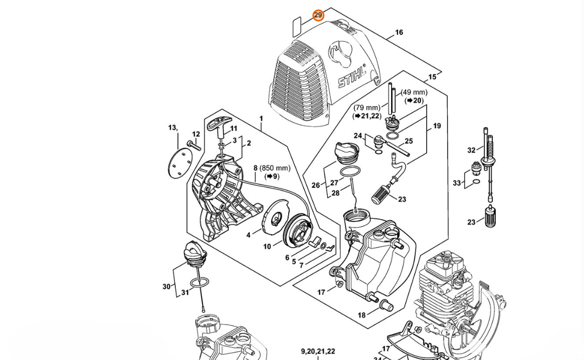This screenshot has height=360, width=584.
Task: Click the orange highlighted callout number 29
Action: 318,15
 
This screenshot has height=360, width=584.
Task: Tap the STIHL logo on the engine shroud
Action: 352,77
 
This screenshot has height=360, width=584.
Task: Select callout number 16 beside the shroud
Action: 399,32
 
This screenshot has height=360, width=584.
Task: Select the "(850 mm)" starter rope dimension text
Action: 275,168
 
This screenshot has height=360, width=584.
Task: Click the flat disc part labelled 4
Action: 276,215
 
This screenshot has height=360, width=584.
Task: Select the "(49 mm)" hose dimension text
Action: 414,92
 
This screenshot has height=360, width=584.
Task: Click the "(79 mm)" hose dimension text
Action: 367,108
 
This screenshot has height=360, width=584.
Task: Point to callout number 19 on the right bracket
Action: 437,126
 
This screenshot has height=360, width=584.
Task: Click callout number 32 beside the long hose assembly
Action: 471,150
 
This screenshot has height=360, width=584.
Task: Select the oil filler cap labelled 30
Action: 195,254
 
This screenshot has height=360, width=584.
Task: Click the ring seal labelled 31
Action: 199,283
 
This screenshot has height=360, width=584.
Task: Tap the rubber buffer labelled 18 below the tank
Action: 386,306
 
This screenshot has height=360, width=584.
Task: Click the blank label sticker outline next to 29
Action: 296,26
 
